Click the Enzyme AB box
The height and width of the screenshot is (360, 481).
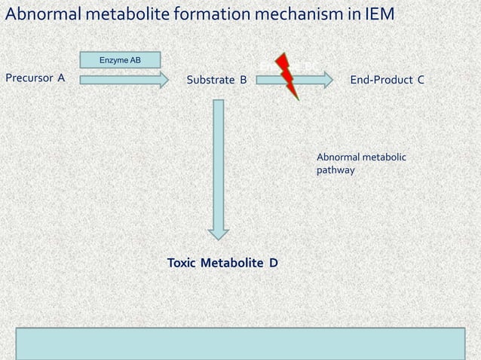click(x=120, y=60)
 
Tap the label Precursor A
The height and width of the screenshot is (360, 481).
click(x=35, y=78)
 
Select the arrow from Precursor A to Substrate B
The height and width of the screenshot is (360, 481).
click(x=124, y=80)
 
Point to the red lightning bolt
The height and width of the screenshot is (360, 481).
click(x=288, y=76)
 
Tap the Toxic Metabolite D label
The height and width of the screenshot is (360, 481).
click(x=222, y=263)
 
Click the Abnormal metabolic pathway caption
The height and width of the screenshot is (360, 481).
click(x=361, y=163)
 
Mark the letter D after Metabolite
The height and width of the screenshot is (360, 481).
click(x=274, y=263)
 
